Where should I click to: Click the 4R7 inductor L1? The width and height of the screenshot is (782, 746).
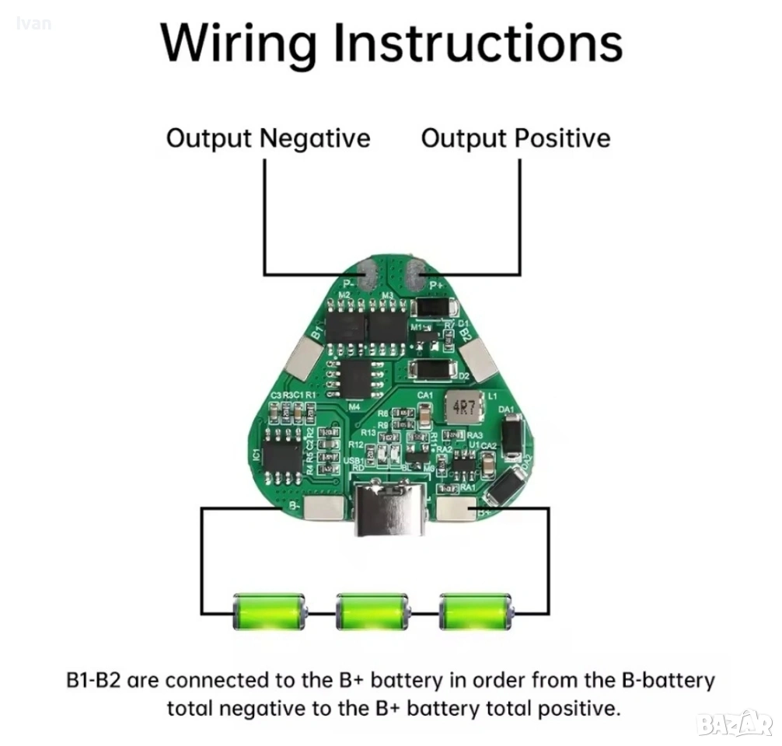click(x=463, y=406)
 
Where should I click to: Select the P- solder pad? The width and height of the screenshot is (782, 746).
click(x=368, y=274)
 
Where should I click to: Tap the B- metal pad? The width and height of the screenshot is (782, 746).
click(x=323, y=507)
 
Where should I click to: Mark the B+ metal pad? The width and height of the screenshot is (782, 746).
click(x=457, y=508)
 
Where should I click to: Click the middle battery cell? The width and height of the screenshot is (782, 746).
click(x=372, y=611)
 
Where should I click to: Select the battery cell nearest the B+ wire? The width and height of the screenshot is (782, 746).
click(x=476, y=611)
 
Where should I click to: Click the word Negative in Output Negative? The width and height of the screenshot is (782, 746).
click(x=314, y=138)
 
